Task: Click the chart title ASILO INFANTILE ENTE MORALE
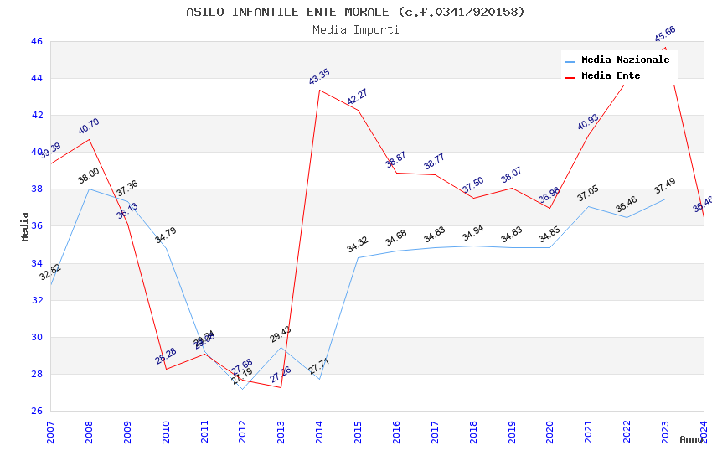355,12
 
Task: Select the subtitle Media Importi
355,30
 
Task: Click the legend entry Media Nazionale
625,60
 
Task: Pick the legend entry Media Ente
611,76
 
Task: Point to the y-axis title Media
25,226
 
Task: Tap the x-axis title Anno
691,439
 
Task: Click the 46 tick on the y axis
36,41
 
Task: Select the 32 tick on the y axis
36,300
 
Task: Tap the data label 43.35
319,78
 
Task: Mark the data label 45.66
665,34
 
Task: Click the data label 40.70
89,127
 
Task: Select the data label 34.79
166,236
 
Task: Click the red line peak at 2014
320,90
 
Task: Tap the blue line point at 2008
90,189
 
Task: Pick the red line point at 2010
166,369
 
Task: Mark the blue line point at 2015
359,257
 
